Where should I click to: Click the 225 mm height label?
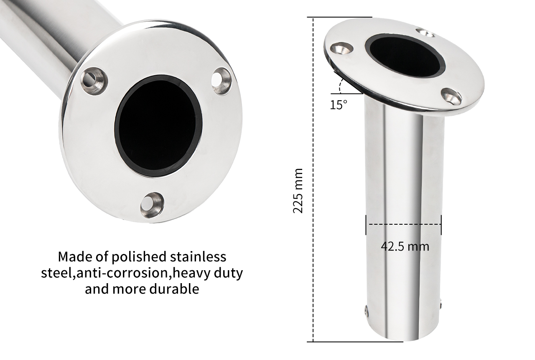[298, 191]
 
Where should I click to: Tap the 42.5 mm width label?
[405, 246]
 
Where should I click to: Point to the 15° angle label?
[339, 105]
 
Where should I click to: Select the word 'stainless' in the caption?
[198, 257]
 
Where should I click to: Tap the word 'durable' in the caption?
[174, 289]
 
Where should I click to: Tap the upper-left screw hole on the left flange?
[94, 81]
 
